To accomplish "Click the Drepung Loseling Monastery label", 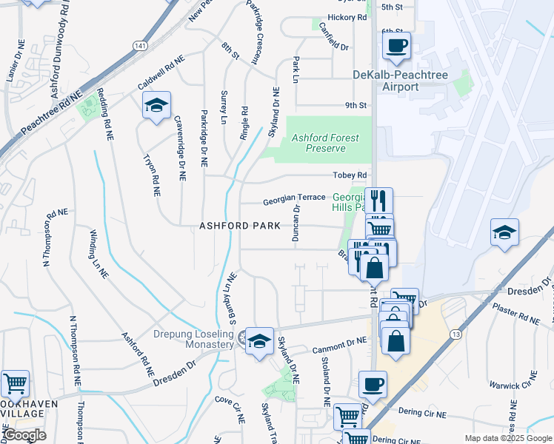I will tap(193, 340).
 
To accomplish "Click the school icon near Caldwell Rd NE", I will tap(156, 106).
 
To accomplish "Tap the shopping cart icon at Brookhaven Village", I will tap(15, 383).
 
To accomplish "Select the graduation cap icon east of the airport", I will tap(504, 232).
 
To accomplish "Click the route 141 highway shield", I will tap(140, 46).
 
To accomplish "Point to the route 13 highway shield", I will tap(455, 335).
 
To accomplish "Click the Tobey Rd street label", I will tap(350, 175).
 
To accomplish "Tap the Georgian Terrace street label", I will tap(294, 198).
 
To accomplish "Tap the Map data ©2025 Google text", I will tap(507, 438).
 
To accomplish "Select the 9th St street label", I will tap(355, 106).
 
